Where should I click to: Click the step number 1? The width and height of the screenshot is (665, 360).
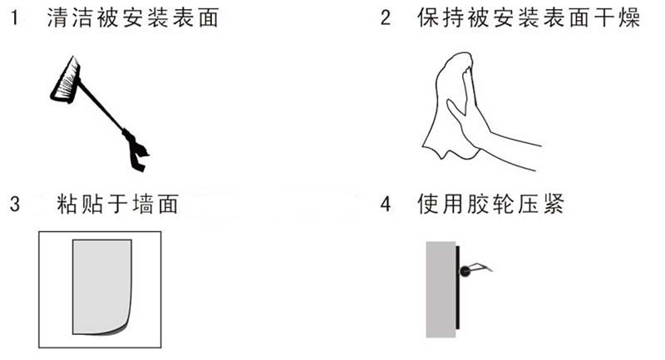click(x=15, y=18)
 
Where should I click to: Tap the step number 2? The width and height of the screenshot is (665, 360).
click(x=385, y=18)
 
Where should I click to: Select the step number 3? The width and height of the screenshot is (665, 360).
click(x=15, y=204)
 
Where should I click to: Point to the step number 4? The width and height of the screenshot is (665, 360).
click(x=385, y=204)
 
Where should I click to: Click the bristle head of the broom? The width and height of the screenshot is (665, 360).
click(x=66, y=81)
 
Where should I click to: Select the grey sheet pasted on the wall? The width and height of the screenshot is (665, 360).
click(x=101, y=287)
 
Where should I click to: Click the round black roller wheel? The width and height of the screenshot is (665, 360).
click(x=465, y=271)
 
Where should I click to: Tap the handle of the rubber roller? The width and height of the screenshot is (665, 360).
click(x=481, y=267)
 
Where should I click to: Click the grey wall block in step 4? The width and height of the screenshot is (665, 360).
click(x=441, y=289)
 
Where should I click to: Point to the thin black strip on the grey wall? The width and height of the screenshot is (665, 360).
click(x=458, y=287)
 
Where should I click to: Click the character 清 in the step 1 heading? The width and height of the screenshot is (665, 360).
click(x=57, y=18)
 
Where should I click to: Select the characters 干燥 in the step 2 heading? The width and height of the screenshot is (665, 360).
click(x=617, y=18)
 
